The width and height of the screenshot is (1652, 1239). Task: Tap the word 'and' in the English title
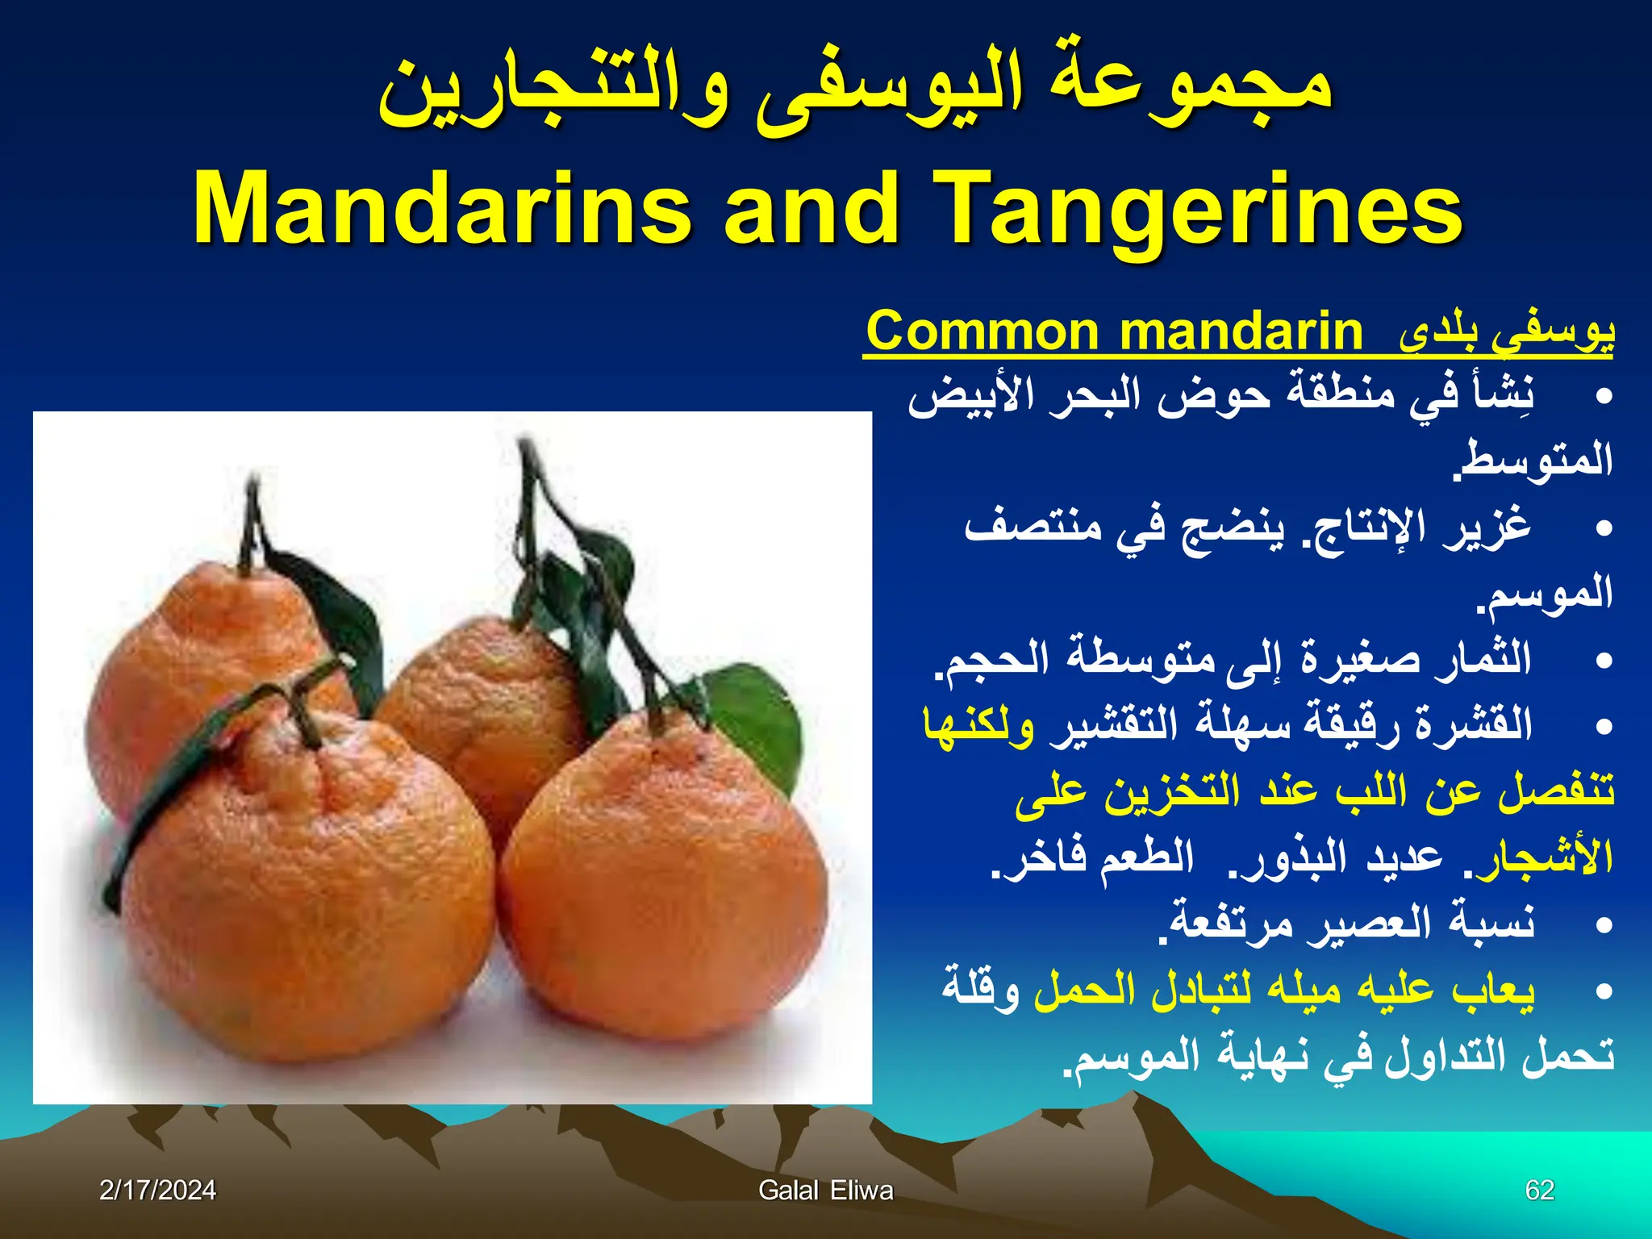[811, 208]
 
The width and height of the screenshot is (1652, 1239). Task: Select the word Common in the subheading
[981, 332]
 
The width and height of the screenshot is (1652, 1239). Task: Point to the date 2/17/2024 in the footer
[157, 1190]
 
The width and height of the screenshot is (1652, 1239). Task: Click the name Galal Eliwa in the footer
[825, 1190]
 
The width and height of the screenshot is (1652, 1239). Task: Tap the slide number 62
[1539, 1190]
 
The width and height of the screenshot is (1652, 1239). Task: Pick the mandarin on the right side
[661, 879]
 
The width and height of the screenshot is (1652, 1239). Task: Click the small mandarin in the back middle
[484, 710]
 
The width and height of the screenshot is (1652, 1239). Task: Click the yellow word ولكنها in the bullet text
[978, 724]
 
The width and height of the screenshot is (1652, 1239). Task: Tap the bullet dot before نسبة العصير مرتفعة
[1604, 924]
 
